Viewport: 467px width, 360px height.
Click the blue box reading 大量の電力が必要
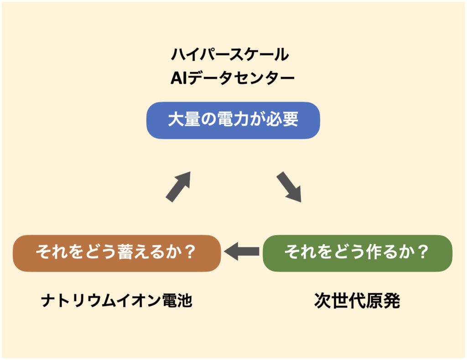pyautogui.click(x=233, y=120)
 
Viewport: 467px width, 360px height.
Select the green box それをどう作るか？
pyautogui.click(x=357, y=253)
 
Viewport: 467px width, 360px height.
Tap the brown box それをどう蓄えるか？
pyautogui.click(x=117, y=253)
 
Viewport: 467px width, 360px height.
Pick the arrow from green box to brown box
pyautogui.click(x=241, y=251)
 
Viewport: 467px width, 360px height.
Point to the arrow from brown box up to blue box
pyautogui.click(x=178, y=186)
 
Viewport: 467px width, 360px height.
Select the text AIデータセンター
pyautogui.click(x=232, y=79)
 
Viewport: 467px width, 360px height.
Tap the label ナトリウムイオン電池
pyautogui.click(x=117, y=301)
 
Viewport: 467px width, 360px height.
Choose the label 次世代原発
pyautogui.click(x=357, y=301)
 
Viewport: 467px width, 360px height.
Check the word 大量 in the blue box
pyautogui.click(x=183, y=120)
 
